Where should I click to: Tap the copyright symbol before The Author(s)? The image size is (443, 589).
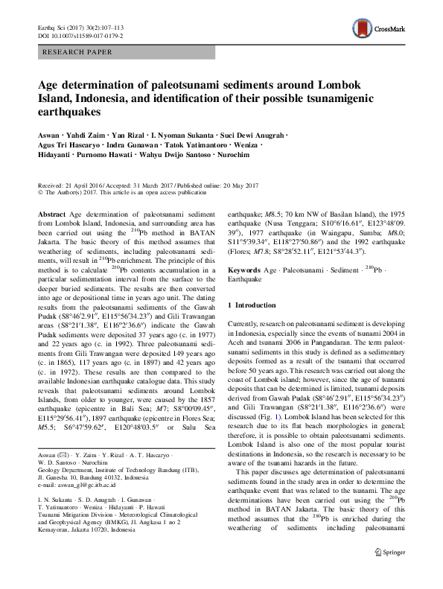point(40,192)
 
